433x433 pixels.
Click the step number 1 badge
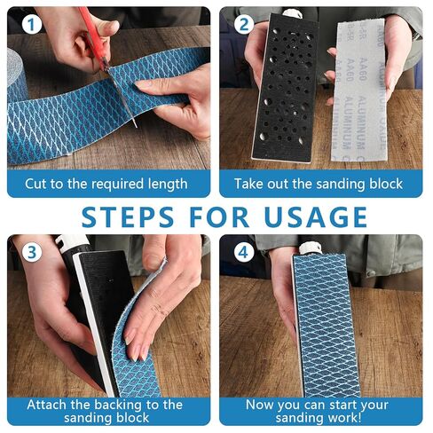click(x=31, y=25)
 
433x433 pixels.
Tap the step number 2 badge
click(x=243, y=25)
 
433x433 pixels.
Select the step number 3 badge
click(x=31, y=252)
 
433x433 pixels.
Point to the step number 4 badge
click(x=243, y=252)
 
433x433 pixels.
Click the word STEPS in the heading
click(x=128, y=216)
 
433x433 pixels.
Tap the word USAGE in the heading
click(x=316, y=216)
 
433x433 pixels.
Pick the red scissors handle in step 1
click(x=91, y=33)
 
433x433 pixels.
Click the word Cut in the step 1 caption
click(x=35, y=184)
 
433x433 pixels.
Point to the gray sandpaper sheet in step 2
click(x=360, y=91)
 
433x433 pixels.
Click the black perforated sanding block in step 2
click(x=284, y=89)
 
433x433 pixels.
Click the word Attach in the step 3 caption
click(x=44, y=405)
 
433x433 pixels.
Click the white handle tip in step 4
click(x=310, y=248)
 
